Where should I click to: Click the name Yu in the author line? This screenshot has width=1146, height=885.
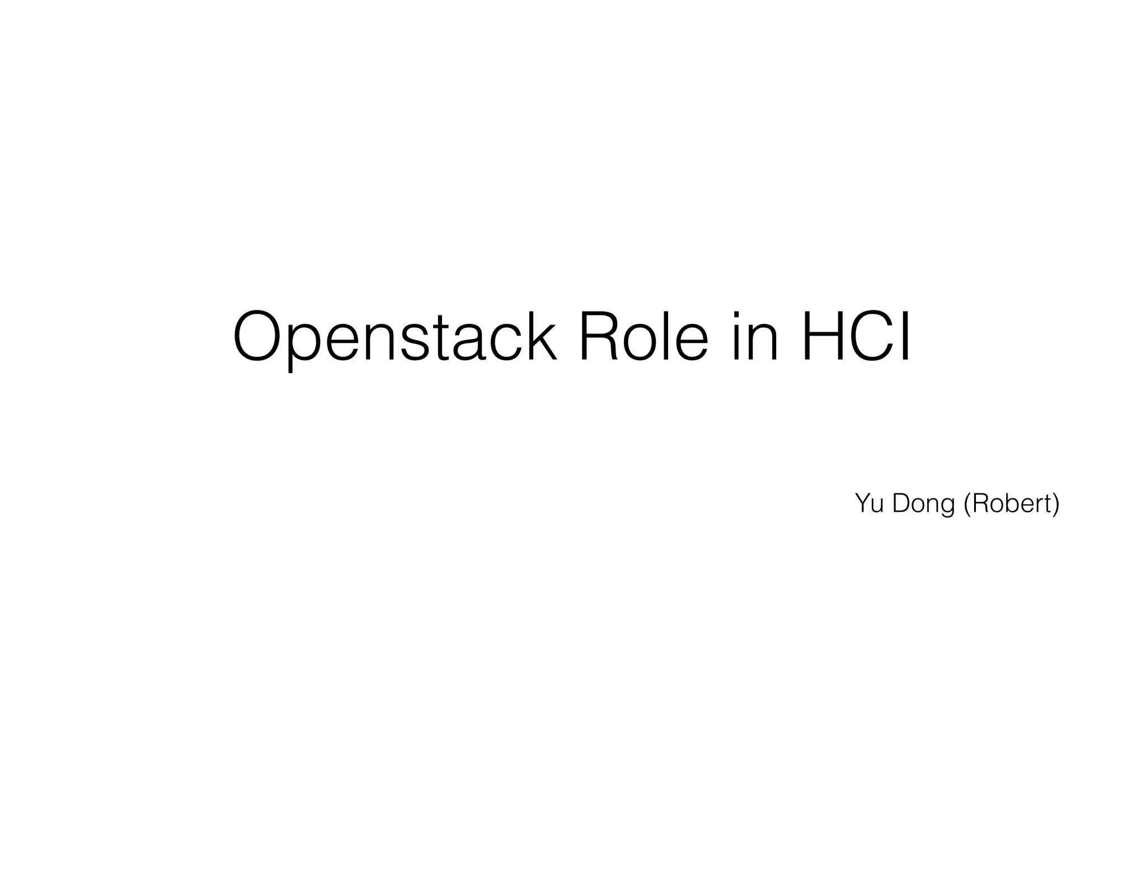click(x=869, y=503)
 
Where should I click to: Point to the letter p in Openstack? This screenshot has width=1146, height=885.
click(x=306, y=344)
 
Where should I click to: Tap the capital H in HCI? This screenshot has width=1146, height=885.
click(x=824, y=337)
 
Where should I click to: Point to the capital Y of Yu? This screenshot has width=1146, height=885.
click(x=862, y=503)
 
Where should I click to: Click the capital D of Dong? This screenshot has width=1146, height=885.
click(x=901, y=503)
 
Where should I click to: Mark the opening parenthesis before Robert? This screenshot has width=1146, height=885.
click(x=967, y=505)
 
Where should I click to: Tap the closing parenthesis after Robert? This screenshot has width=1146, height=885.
click(x=1055, y=505)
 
